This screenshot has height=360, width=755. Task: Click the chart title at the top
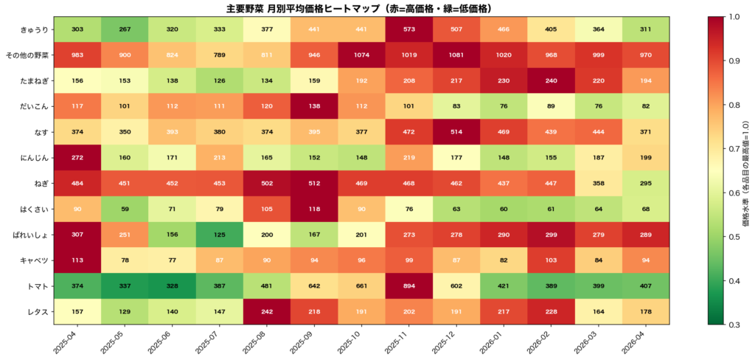[359, 8]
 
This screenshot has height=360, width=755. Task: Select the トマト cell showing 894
[408, 285]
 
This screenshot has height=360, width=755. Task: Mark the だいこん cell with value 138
[313, 105]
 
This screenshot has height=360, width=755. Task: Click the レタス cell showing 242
[266, 311]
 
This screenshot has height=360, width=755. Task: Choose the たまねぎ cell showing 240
[551, 80]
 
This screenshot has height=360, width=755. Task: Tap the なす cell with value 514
[456, 131]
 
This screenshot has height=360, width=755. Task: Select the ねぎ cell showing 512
[313, 183]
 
